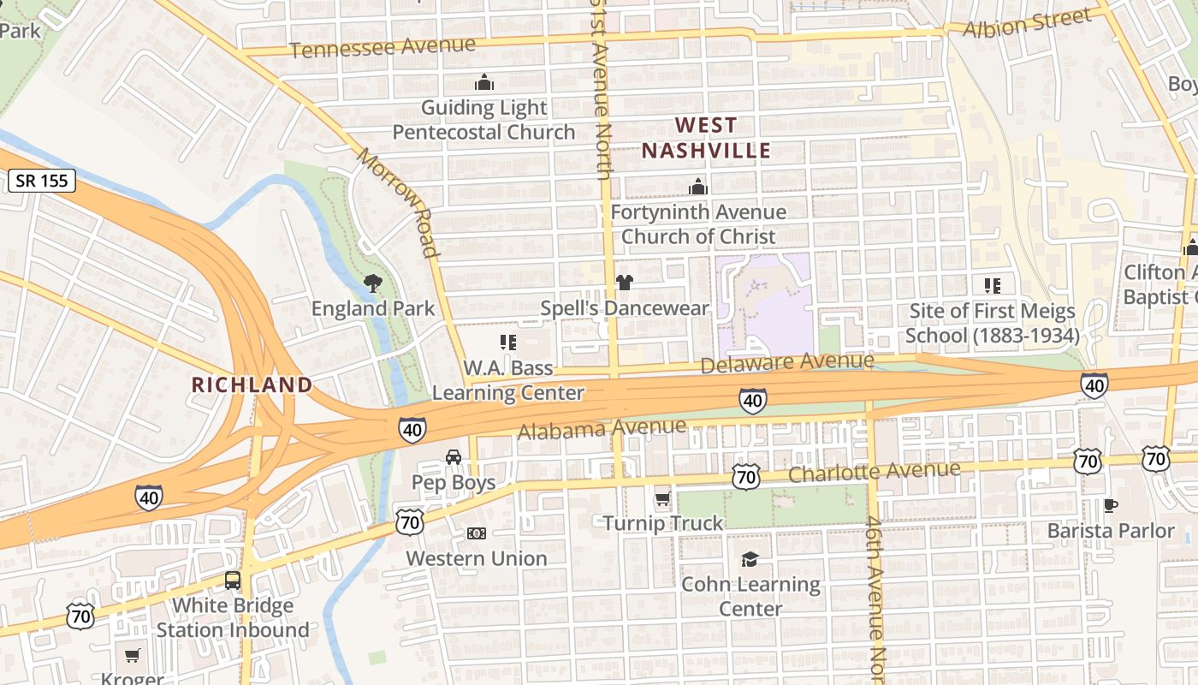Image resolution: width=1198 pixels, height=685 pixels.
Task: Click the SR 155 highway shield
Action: click(43, 181)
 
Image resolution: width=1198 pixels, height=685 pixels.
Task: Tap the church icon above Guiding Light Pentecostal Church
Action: click(484, 82)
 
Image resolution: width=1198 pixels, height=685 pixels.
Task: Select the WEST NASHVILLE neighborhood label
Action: click(706, 138)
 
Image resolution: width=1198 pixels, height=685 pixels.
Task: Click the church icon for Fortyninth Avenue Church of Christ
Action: click(698, 187)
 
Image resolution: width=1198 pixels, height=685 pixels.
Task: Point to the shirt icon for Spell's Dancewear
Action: click(624, 283)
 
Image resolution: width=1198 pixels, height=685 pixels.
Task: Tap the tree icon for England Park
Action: click(372, 283)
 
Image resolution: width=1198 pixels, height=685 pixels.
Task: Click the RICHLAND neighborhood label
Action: click(252, 384)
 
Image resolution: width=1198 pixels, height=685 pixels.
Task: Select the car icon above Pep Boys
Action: click(454, 457)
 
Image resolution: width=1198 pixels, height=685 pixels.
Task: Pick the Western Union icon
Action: click(477, 533)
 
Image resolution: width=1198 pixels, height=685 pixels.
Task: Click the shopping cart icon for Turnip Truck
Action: click(662, 498)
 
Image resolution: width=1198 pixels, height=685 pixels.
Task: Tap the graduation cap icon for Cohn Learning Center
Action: click(750, 559)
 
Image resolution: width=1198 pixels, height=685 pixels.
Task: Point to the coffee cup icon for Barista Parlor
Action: click(1110, 505)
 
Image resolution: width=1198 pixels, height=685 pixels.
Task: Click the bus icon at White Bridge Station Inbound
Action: click(233, 581)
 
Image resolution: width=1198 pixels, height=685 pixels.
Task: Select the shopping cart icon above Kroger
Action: click(132, 656)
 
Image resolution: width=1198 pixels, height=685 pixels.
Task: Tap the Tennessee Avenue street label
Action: click(382, 47)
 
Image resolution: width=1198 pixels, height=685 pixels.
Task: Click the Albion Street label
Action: click(1027, 23)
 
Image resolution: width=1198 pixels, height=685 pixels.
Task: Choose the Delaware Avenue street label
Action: click(787, 363)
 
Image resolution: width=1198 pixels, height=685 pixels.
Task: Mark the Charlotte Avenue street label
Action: click(874, 472)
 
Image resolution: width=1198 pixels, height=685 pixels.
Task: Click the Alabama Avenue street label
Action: click(602, 428)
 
